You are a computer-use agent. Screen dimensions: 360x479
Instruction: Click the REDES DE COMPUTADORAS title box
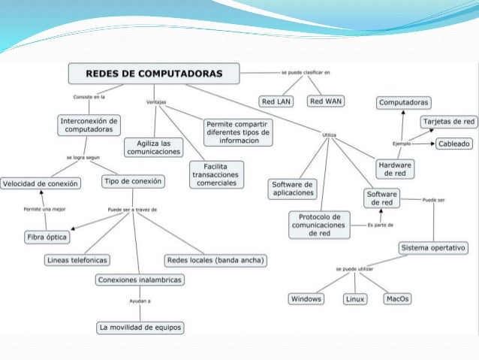click(x=155, y=74)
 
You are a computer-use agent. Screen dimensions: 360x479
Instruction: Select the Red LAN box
click(x=278, y=101)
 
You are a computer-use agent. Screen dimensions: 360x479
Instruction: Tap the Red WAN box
click(x=327, y=101)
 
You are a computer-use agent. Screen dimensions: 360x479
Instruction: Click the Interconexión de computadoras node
click(x=89, y=125)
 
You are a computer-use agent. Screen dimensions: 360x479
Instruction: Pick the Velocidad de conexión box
click(x=40, y=183)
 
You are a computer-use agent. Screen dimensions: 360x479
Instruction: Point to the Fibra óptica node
click(x=46, y=237)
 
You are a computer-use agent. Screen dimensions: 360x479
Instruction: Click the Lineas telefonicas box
click(x=77, y=260)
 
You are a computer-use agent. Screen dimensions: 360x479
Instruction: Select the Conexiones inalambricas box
click(x=140, y=280)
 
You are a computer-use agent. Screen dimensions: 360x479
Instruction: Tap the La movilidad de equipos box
click(x=141, y=327)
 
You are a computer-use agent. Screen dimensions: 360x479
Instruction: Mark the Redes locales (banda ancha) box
click(x=217, y=260)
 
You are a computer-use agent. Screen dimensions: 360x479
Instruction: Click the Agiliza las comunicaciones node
click(x=154, y=147)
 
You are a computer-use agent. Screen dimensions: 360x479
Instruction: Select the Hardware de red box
click(x=395, y=168)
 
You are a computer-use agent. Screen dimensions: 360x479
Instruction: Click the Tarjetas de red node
click(x=448, y=121)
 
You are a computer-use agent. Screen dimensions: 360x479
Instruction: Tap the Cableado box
click(x=454, y=143)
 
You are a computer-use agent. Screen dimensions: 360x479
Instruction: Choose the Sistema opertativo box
click(x=434, y=247)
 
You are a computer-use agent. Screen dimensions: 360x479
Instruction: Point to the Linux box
click(x=355, y=299)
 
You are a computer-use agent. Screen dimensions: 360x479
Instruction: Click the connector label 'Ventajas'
click(x=155, y=101)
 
